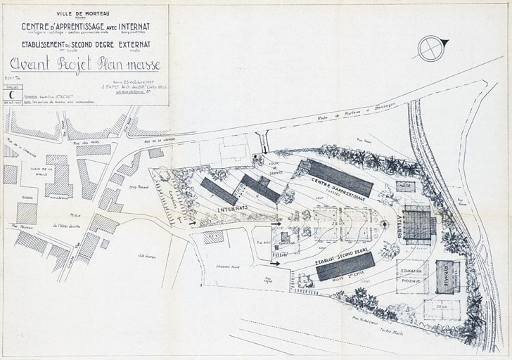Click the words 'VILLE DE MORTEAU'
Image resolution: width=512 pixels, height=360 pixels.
click(84, 13)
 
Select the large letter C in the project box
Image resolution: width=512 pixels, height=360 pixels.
click(11, 94)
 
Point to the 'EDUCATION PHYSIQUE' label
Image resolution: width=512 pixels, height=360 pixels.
click(412, 276)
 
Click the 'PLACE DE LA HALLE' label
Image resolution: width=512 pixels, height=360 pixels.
click(47, 173)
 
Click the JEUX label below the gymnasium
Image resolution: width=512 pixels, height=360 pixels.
click(442, 307)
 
